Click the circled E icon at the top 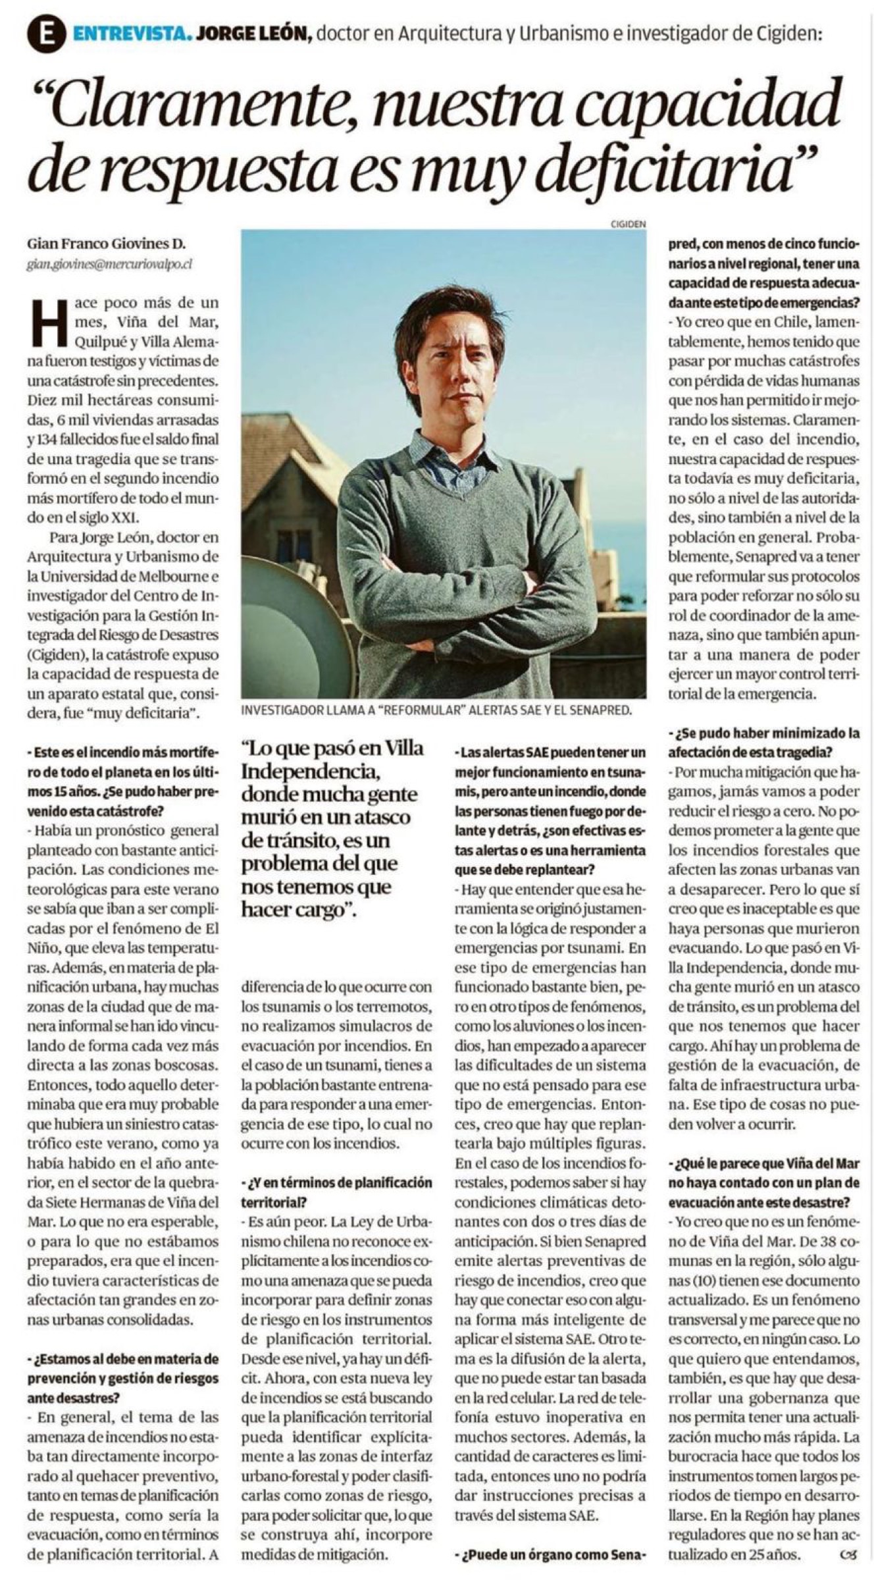tap(45, 35)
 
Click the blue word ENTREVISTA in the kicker tap(133, 34)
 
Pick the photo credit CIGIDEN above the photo tap(628, 224)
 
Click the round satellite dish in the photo tap(290, 625)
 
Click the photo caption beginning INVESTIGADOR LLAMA tap(436, 710)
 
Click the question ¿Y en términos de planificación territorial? tap(336, 1192)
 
